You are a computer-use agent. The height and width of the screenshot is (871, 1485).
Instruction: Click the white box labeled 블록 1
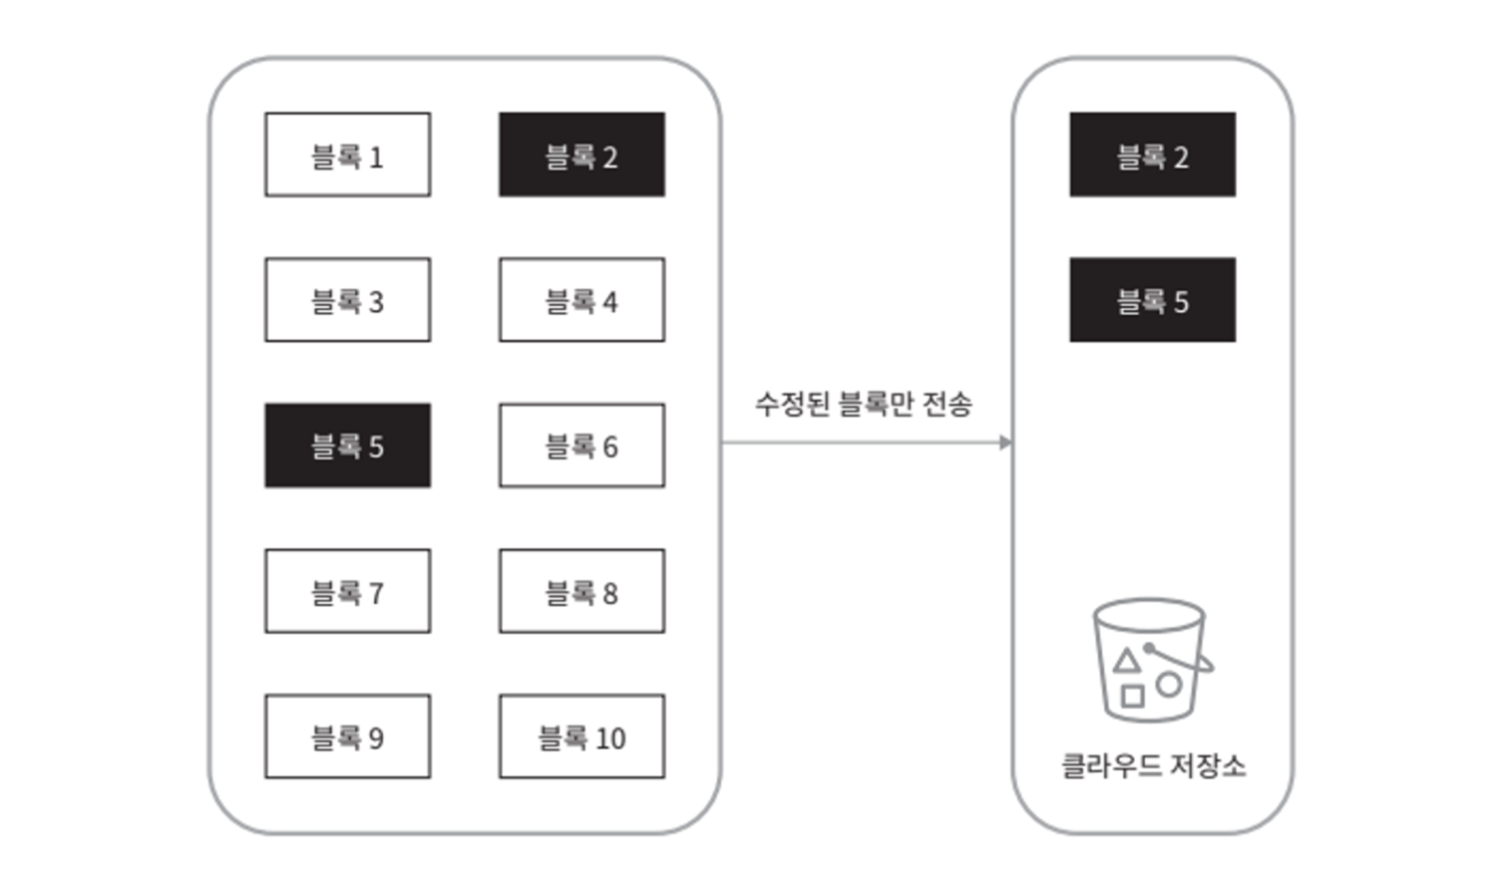(347, 155)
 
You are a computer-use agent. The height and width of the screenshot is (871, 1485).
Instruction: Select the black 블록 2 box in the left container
(582, 155)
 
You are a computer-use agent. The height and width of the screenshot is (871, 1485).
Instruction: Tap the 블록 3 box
(347, 300)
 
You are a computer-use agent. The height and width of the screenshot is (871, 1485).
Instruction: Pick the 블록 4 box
(582, 300)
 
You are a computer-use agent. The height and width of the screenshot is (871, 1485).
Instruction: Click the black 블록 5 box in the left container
(347, 446)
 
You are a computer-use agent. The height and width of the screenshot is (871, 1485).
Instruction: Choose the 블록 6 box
(582, 446)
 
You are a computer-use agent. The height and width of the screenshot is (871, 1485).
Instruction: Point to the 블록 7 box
(347, 591)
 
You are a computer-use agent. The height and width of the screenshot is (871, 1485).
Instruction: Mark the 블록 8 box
(582, 591)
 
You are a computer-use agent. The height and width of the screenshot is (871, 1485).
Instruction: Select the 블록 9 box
(347, 737)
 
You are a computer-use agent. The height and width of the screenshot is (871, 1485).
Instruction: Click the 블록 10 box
(582, 737)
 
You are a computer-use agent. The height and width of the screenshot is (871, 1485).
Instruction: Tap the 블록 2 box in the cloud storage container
(1152, 155)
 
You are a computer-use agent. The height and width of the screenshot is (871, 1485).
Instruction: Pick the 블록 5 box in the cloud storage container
(1152, 300)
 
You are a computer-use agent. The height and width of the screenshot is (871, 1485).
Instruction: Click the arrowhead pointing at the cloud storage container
(1005, 443)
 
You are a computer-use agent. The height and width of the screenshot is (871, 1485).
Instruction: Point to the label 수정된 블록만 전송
(863, 404)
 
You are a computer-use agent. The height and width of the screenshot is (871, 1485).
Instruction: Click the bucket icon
(1150, 660)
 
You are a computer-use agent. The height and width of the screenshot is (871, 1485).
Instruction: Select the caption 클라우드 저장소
(1153, 766)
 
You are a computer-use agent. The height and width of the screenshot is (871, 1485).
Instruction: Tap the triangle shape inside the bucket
(1127, 662)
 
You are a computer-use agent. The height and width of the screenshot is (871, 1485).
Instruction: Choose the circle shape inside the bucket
(1169, 684)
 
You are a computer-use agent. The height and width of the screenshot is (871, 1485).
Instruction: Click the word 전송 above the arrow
(947, 404)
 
